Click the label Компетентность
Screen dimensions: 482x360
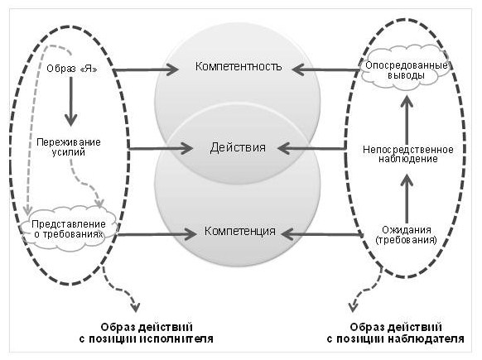click(239, 66)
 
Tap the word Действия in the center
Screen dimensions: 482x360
click(238, 148)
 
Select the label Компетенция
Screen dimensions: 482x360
click(240, 231)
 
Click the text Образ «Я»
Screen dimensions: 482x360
click(72, 68)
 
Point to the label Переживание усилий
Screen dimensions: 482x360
click(69, 147)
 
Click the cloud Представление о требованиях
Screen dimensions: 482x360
click(68, 229)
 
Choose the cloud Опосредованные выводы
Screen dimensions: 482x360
click(406, 68)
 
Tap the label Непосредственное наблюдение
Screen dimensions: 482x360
click(408, 154)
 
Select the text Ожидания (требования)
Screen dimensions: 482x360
click(406, 235)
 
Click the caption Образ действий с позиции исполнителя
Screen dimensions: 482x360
click(147, 333)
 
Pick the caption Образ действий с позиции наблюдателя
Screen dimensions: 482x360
click(395, 333)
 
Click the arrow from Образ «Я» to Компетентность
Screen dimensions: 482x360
click(145, 70)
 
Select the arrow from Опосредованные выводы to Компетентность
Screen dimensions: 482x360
click(325, 70)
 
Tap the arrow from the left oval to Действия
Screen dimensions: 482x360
click(160, 149)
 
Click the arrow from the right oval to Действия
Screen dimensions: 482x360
click(311, 149)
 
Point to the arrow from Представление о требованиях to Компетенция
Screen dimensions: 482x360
click(157, 235)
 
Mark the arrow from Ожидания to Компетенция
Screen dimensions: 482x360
click(321, 235)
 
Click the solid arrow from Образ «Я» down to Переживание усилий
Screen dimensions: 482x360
click(71, 101)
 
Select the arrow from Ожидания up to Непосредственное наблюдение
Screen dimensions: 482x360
click(407, 199)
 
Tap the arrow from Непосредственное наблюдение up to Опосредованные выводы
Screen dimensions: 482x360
click(407, 119)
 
